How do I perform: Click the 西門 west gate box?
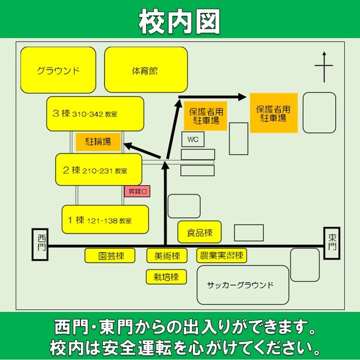[40, 244]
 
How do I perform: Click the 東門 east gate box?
[332, 243]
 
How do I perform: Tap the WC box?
[193, 139]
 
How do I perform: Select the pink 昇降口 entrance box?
[137, 191]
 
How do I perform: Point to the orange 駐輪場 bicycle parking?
[98, 142]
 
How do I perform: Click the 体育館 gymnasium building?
[146, 70]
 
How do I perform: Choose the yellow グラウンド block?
[58, 70]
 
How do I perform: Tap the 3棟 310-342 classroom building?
[95, 114]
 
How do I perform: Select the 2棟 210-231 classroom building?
[99, 169]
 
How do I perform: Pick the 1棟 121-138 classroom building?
[105, 219]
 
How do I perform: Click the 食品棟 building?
[200, 232]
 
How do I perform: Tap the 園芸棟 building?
[110, 255]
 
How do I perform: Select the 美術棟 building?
[167, 255]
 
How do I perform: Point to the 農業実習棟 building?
[222, 255]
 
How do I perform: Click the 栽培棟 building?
[166, 277]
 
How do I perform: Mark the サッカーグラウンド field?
[243, 285]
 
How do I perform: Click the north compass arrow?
[324, 67]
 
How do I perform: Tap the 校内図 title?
[179, 21]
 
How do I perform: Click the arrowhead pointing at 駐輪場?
[129, 146]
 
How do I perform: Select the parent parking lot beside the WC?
[205, 116]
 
